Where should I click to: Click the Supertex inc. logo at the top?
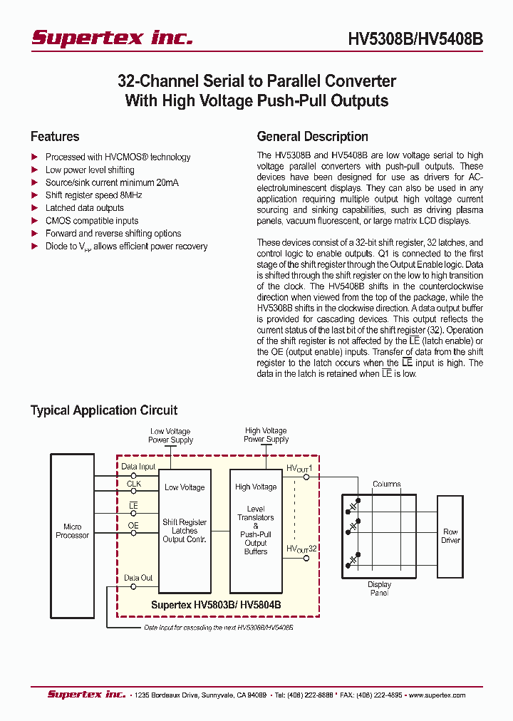coord(112,38)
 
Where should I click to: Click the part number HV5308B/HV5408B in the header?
coord(415,40)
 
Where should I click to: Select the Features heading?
coord(55,137)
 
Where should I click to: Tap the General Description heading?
coord(312,137)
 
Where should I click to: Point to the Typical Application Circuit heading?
coord(104,410)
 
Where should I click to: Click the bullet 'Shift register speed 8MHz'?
coord(93,195)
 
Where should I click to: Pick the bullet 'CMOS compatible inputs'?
coord(92,221)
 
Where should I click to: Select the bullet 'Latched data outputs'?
coord(84,208)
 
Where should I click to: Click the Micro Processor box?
coord(73,531)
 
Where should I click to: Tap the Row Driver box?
coord(450,536)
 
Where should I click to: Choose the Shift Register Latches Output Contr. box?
coord(185,531)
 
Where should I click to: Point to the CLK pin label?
coord(134,484)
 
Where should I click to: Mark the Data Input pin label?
coord(138,467)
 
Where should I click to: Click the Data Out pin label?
coord(138,578)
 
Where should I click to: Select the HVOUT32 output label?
coord(301,549)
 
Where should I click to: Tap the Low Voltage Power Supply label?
coord(170,435)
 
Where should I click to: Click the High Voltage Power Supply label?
coord(266,435)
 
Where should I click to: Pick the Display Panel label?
coord(379,588)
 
